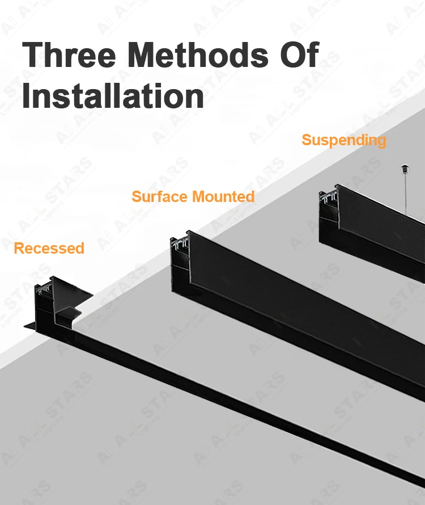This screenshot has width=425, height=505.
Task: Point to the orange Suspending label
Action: click(343, 140)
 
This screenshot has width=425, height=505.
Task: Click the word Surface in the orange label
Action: click(159, 197)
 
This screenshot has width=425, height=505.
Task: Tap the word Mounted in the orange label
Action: click(223, 197)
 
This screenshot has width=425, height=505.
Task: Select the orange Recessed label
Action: click(49, 249)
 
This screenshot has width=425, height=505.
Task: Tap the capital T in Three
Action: click(33, 56)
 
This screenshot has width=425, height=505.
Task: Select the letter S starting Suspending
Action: click(306, 140)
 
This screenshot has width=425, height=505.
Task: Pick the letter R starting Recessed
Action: click(18, 249)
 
